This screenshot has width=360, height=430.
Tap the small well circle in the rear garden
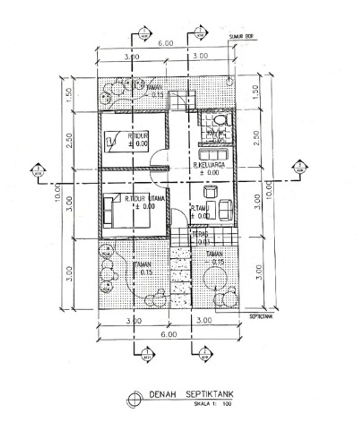click(x=230, y=82)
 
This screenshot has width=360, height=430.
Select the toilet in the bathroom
click(x=221, y=120)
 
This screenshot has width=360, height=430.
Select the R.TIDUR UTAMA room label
click(x=144, y=199)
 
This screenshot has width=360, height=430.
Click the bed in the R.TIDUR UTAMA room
click(x=127, y=212)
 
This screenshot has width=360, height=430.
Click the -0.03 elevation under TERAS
click(x=203, y=242)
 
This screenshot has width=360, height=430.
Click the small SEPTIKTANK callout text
click(x=261, y=316)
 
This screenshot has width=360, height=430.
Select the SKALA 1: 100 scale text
click(x=213, y=404)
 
